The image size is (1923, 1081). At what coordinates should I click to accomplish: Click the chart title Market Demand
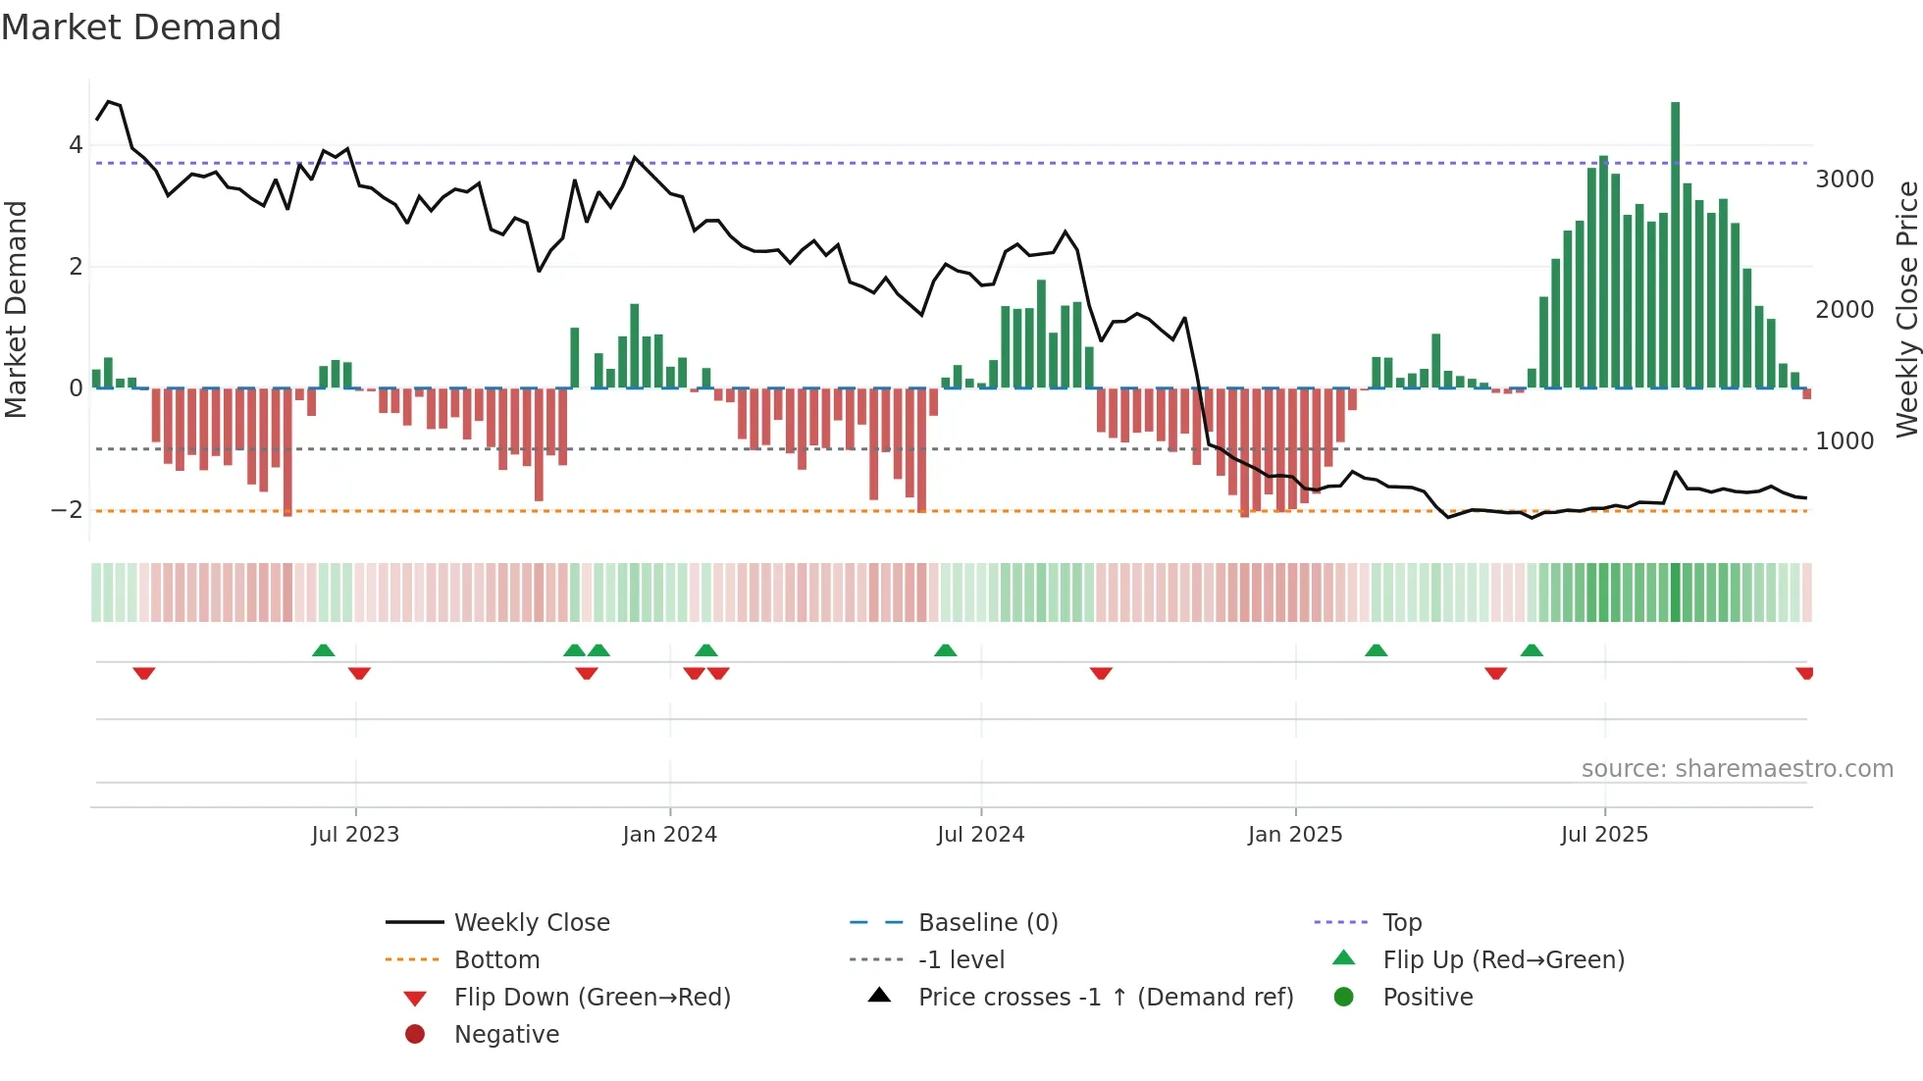(x=141, y=27)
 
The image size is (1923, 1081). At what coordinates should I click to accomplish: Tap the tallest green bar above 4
(x=1675, y=245)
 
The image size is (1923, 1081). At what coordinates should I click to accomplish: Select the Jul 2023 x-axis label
(x=355, y=835)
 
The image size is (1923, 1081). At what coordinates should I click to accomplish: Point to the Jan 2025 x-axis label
(x=1295, y=835)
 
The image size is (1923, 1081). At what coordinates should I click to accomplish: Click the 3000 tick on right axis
(x=1845, y=180)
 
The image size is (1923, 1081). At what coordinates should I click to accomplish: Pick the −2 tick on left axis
(x=67, y=510)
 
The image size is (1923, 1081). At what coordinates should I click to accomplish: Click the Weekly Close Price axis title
(x=1906, y=309)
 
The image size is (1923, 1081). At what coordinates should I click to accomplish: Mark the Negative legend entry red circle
(x=415, y=1035)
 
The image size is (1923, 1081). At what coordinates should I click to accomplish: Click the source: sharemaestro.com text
(x=1737, y=769)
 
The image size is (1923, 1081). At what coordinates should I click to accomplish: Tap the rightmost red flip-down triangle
(x=1804, y=673)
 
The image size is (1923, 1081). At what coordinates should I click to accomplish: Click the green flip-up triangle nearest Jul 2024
(x=945, y=650)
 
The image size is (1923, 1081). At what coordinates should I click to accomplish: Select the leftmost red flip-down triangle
(x=144, y=673)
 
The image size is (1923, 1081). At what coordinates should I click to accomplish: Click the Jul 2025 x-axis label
(x=1604, y=835)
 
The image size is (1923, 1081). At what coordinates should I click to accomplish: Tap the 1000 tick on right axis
(x=1845, y=441)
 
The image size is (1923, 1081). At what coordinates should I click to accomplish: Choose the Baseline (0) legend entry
(x=987, y=923)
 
